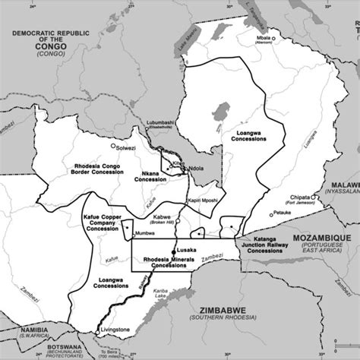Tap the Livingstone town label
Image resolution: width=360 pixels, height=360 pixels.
[118, 330]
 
